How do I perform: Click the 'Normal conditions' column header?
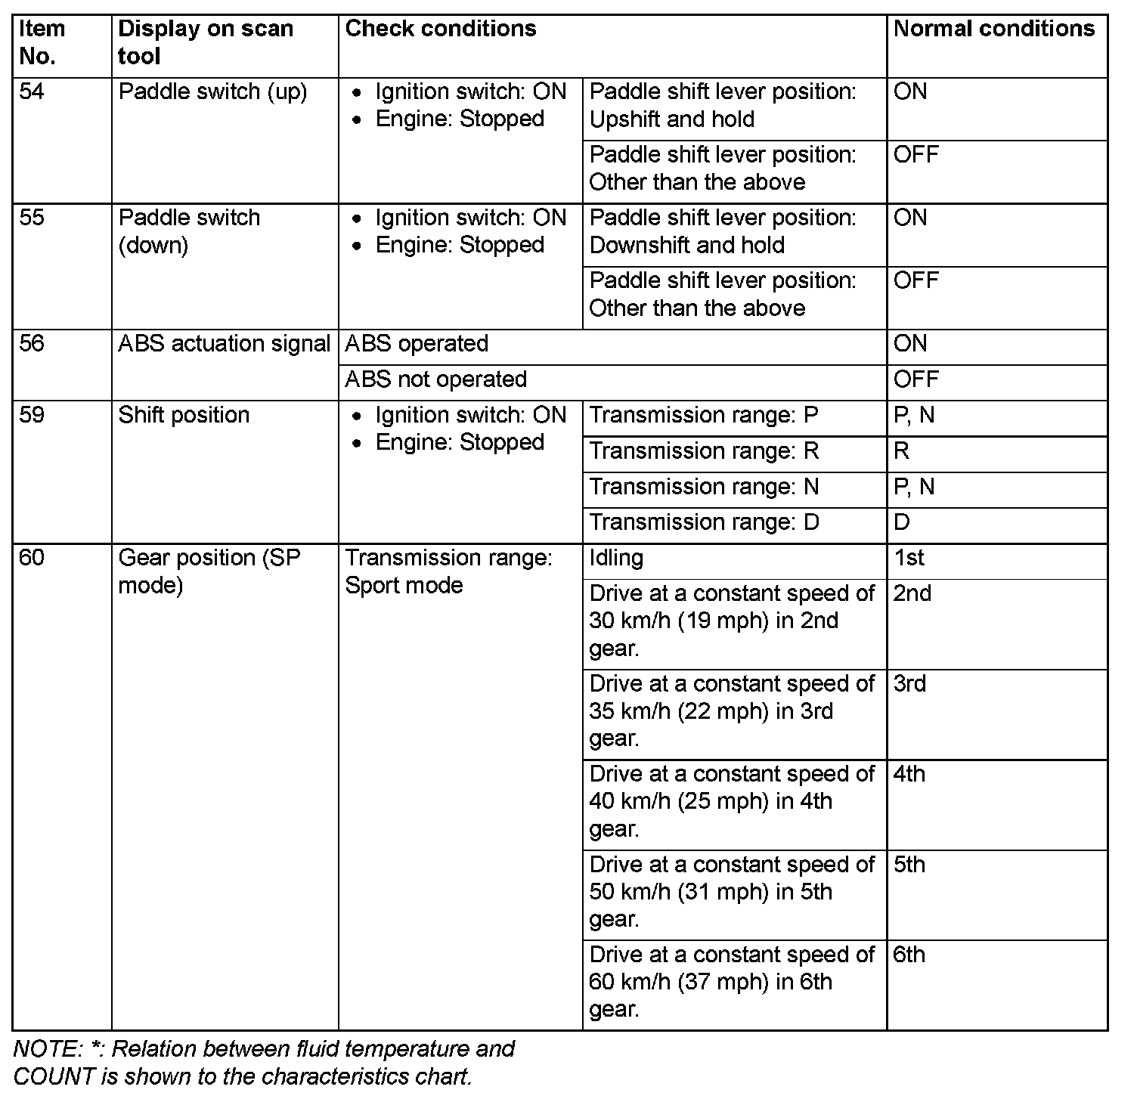pos(993,29)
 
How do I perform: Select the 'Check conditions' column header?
pos(441,29)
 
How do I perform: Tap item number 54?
pos(32,92)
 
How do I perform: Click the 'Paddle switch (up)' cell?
pos(212,92)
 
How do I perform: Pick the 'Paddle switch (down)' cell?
pos(189,231)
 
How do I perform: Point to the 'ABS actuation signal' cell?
pos(224,344)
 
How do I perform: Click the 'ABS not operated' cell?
pos(435,379)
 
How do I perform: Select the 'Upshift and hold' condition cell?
pos(722,106)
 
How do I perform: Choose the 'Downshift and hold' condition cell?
pos(722,232)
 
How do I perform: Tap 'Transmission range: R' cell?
pos(704,451)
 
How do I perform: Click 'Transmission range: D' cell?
pos(704,522)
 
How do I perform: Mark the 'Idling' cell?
pos(616,559)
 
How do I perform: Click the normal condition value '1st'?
pos(909,559)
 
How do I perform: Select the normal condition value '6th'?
pos(909,955)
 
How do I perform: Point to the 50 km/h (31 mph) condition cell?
pos(731,892)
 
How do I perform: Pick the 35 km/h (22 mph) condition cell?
pos(731,711)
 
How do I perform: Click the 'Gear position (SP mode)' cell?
pos(209,571)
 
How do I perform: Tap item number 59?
pos(32,416)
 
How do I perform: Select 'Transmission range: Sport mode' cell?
pos(448,571)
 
